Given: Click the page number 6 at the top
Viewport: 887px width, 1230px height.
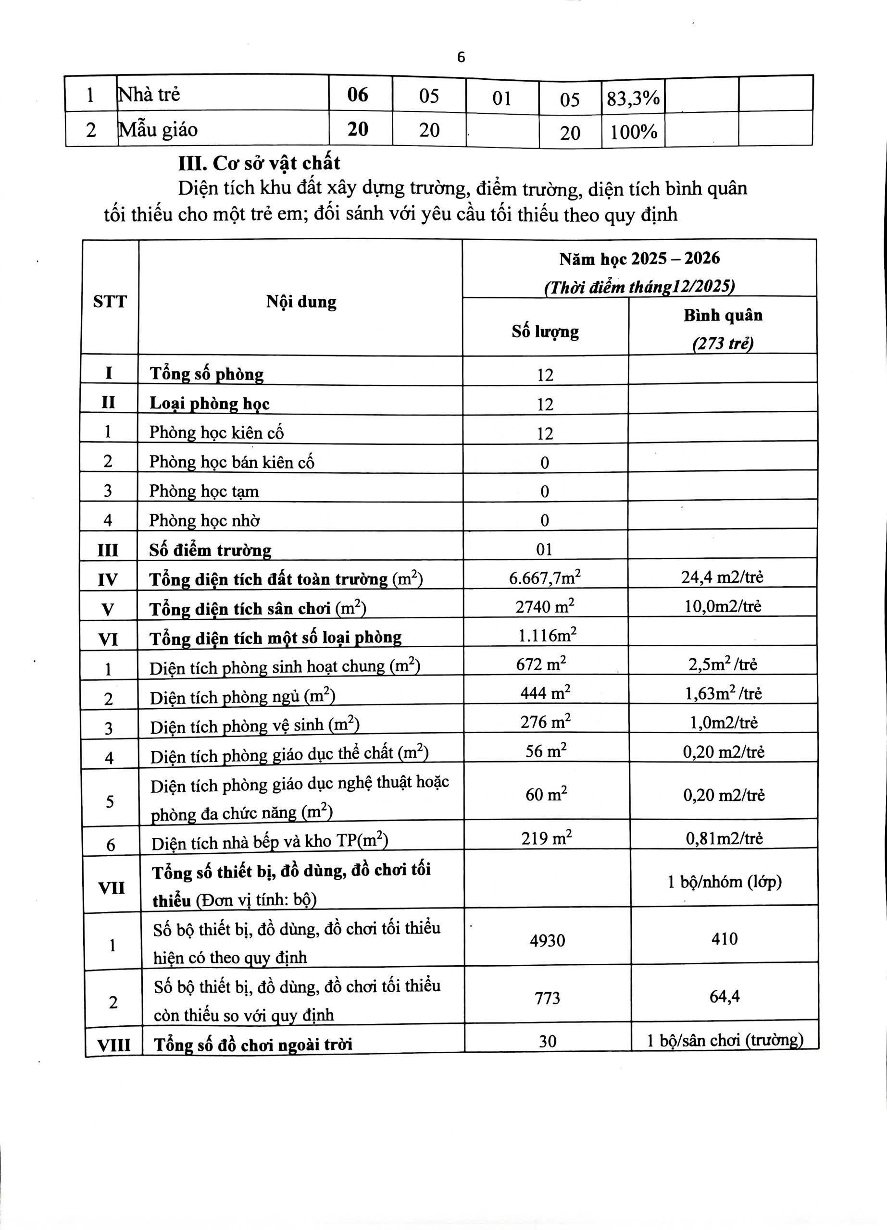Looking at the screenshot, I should [x=461, y=58].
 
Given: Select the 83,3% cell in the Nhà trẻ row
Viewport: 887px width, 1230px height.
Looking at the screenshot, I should [x=633, y=98].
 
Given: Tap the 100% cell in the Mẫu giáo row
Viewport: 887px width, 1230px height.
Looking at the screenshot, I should [x=633, y=132].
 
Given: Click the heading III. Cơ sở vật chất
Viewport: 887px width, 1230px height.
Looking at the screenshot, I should [x=259, y=163].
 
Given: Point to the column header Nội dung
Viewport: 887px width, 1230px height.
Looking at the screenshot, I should [x=301, y=302].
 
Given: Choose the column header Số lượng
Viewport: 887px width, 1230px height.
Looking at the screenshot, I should [x=545, y=331].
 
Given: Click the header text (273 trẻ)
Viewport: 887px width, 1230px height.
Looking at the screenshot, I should [x=723, y=343].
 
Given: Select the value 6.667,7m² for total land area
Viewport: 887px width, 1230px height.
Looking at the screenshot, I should [x=545, y=578].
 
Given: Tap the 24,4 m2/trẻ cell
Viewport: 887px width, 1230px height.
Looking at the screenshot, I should [x=722, y=577].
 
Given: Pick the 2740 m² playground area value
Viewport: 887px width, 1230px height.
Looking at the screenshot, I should [x=545, y=606].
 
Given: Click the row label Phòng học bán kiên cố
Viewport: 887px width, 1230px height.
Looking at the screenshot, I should [x=232, y=462].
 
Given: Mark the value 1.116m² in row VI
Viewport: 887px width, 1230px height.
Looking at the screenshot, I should [x=547, y=635].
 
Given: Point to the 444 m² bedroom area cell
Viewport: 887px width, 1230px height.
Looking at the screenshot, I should [x=545, y=693].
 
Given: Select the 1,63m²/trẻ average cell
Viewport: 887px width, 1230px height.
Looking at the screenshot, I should [x=723, y=693].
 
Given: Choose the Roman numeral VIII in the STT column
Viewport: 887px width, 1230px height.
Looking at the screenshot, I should [x=113, y=1045].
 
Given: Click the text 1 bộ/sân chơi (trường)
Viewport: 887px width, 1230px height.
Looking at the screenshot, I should [x=725, y=1040].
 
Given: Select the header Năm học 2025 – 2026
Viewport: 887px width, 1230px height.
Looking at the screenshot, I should [x=639, y=258].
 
